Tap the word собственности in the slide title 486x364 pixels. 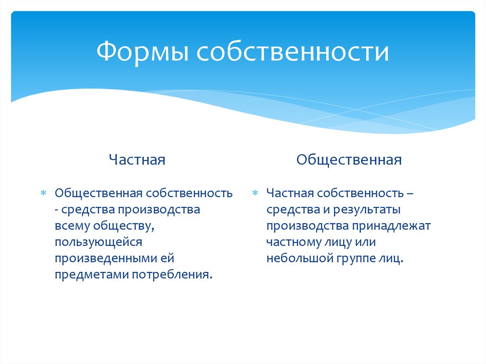[x=292, y=51]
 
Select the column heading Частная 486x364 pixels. [x=137, y=159]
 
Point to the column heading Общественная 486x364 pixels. [x=349, y=159]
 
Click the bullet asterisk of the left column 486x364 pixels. [x=43, y=193]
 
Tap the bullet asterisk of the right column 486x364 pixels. [x=255, y=193]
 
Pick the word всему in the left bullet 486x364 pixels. [x=72, y=226]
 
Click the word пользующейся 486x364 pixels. [x=99, y=242]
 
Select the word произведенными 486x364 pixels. [x=105, y=258]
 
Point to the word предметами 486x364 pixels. [x=92, y=275]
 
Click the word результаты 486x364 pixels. [x=367, y=210]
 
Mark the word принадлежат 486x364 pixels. [x=391, y=226]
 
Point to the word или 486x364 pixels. [x=365, y=242]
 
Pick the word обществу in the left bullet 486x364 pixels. [x=124, y=226]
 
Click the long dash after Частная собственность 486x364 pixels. [x=410, y=194]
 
